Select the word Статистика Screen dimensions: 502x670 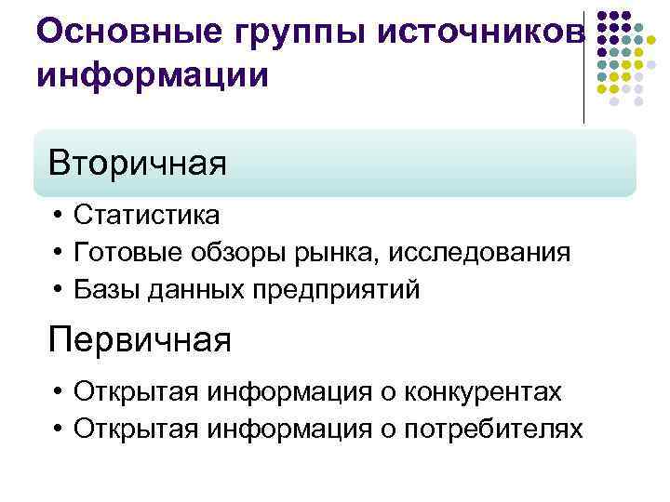tap(147, 216)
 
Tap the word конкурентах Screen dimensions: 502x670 tap(483, 392)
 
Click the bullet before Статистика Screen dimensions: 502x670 tap(58, 216)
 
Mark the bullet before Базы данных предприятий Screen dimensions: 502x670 tap(58, 290)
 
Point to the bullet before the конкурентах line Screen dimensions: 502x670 tap(58, 392)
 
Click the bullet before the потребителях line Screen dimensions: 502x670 tap(58, 429)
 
